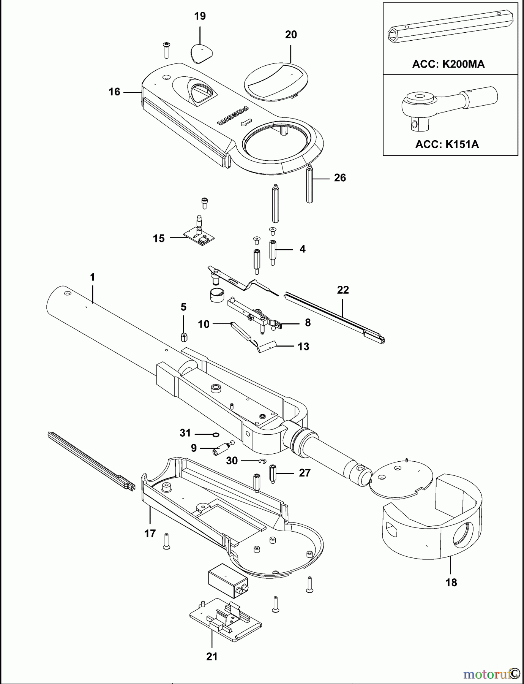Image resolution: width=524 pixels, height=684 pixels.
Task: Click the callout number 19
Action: pyautogui.click(x=200, y=16)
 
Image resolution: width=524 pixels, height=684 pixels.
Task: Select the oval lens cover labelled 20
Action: pyautogui.click(x=276, y=81)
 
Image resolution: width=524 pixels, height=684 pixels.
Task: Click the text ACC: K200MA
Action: pyautogui.click(x=448, y=64)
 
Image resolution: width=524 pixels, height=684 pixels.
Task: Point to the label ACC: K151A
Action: pyautogui.click(x=447, y=144)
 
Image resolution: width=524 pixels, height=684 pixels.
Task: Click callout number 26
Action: pyautogui.click(x=340, y=177)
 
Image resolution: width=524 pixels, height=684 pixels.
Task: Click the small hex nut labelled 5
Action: pyautogui.click(x=184, y=337)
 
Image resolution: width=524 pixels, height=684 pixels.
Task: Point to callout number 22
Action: pyautogui.click(x=342, y=290)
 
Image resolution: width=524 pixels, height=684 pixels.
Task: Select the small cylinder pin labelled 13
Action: pyautogui.click(x=266, y=347)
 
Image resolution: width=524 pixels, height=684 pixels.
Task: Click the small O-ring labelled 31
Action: pyautogui.click(x=216, y=434)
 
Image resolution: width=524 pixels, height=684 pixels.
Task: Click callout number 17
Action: pyautogui.click(x=150, y=534)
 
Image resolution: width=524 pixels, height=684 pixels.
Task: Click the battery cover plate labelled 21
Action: pyautogui.click(x=226, y=620)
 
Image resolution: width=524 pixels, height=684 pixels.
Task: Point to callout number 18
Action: pyautogui.click(x=451, y=583)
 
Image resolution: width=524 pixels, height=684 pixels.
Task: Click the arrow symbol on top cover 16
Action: pyautogui.click(x=247, y=122)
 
